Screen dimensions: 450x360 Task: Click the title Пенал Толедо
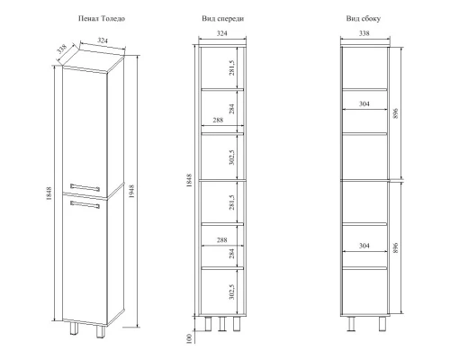click(x=102, y=19)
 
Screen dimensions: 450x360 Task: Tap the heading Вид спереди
click(x=222, y=19)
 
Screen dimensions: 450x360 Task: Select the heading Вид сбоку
click(x=364, y=19)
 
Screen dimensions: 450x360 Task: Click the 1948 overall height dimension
click(x=131, y=191)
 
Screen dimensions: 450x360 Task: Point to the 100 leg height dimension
click(x=189, y=338)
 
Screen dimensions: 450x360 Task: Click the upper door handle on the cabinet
click(x=85, y=187)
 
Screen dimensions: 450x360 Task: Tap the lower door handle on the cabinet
click(x=85, y=204)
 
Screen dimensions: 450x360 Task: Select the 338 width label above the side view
click(x=364, y=33)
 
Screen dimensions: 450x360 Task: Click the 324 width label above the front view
click(x=222, y=33)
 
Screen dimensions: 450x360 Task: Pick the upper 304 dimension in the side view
click(x=364, y=104)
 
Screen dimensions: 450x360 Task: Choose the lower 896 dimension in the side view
click(x=395, y=248)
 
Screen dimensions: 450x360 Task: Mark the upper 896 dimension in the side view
click(x=395, y=113)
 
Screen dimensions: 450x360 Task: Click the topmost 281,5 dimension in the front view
click(x=231, y=67)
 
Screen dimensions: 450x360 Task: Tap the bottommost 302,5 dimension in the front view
click(x=231, y=292)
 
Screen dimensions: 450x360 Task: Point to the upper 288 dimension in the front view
click(x=218, y=120)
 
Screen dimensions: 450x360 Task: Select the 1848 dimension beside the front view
click(x=189, y=180)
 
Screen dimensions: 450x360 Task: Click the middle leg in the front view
click(x=222, y=324)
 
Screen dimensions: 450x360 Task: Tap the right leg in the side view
click(x=382, y=324)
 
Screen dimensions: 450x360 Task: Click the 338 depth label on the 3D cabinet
click(x=61, y=49)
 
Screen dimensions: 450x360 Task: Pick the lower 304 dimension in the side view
click(x=364, y=246)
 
